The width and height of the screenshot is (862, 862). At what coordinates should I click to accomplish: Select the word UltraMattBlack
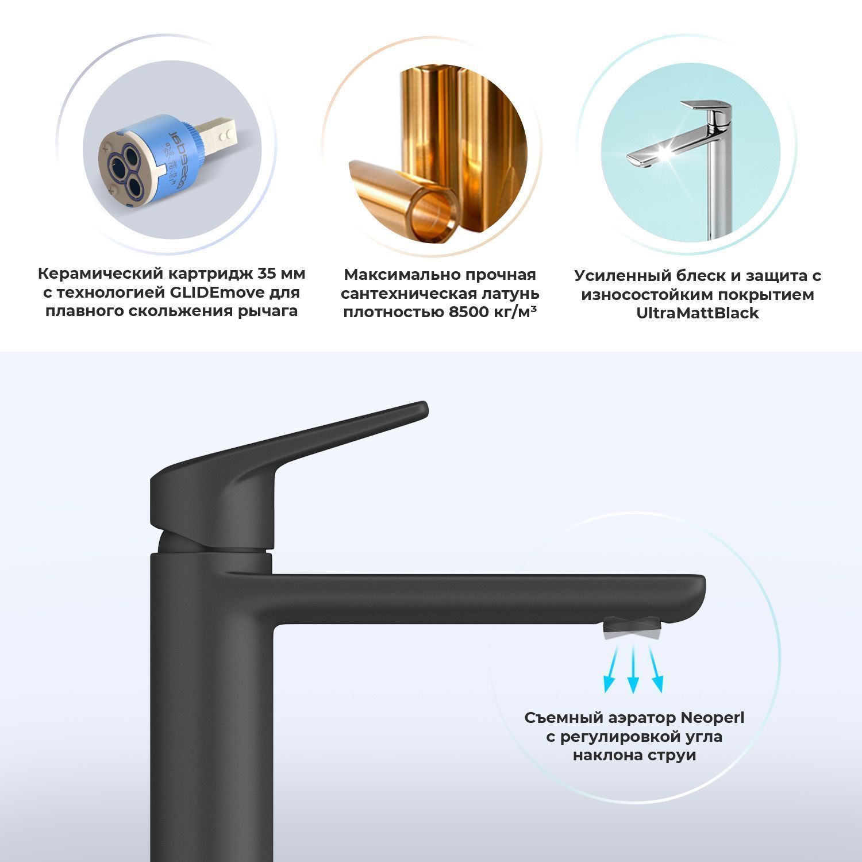(698, 313)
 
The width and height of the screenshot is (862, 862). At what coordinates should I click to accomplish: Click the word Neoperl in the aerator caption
(712, 718)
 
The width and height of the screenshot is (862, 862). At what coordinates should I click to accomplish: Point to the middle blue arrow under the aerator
(633, 669)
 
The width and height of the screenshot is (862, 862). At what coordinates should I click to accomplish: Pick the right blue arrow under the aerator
(655, 668)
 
